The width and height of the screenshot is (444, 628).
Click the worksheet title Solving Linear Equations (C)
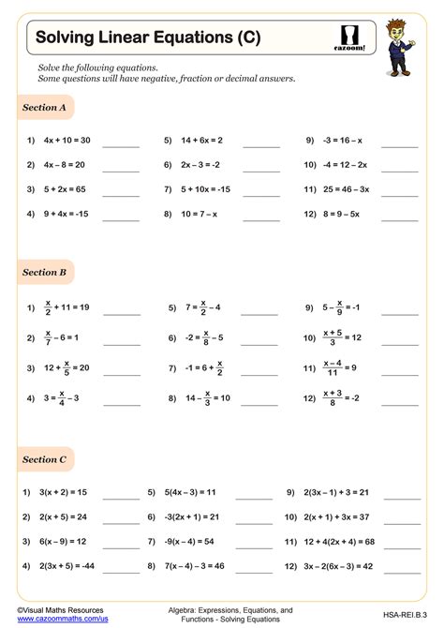coord(148,37)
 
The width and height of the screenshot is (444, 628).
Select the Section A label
coord(44,108)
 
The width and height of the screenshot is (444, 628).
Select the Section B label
coord(44,272)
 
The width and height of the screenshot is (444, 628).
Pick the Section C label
coord(44,459)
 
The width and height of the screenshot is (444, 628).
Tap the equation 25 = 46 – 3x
coord(343,188)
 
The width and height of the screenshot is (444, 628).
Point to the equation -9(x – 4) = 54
coord(190,541)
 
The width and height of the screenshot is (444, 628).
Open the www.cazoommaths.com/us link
coord(54,618)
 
